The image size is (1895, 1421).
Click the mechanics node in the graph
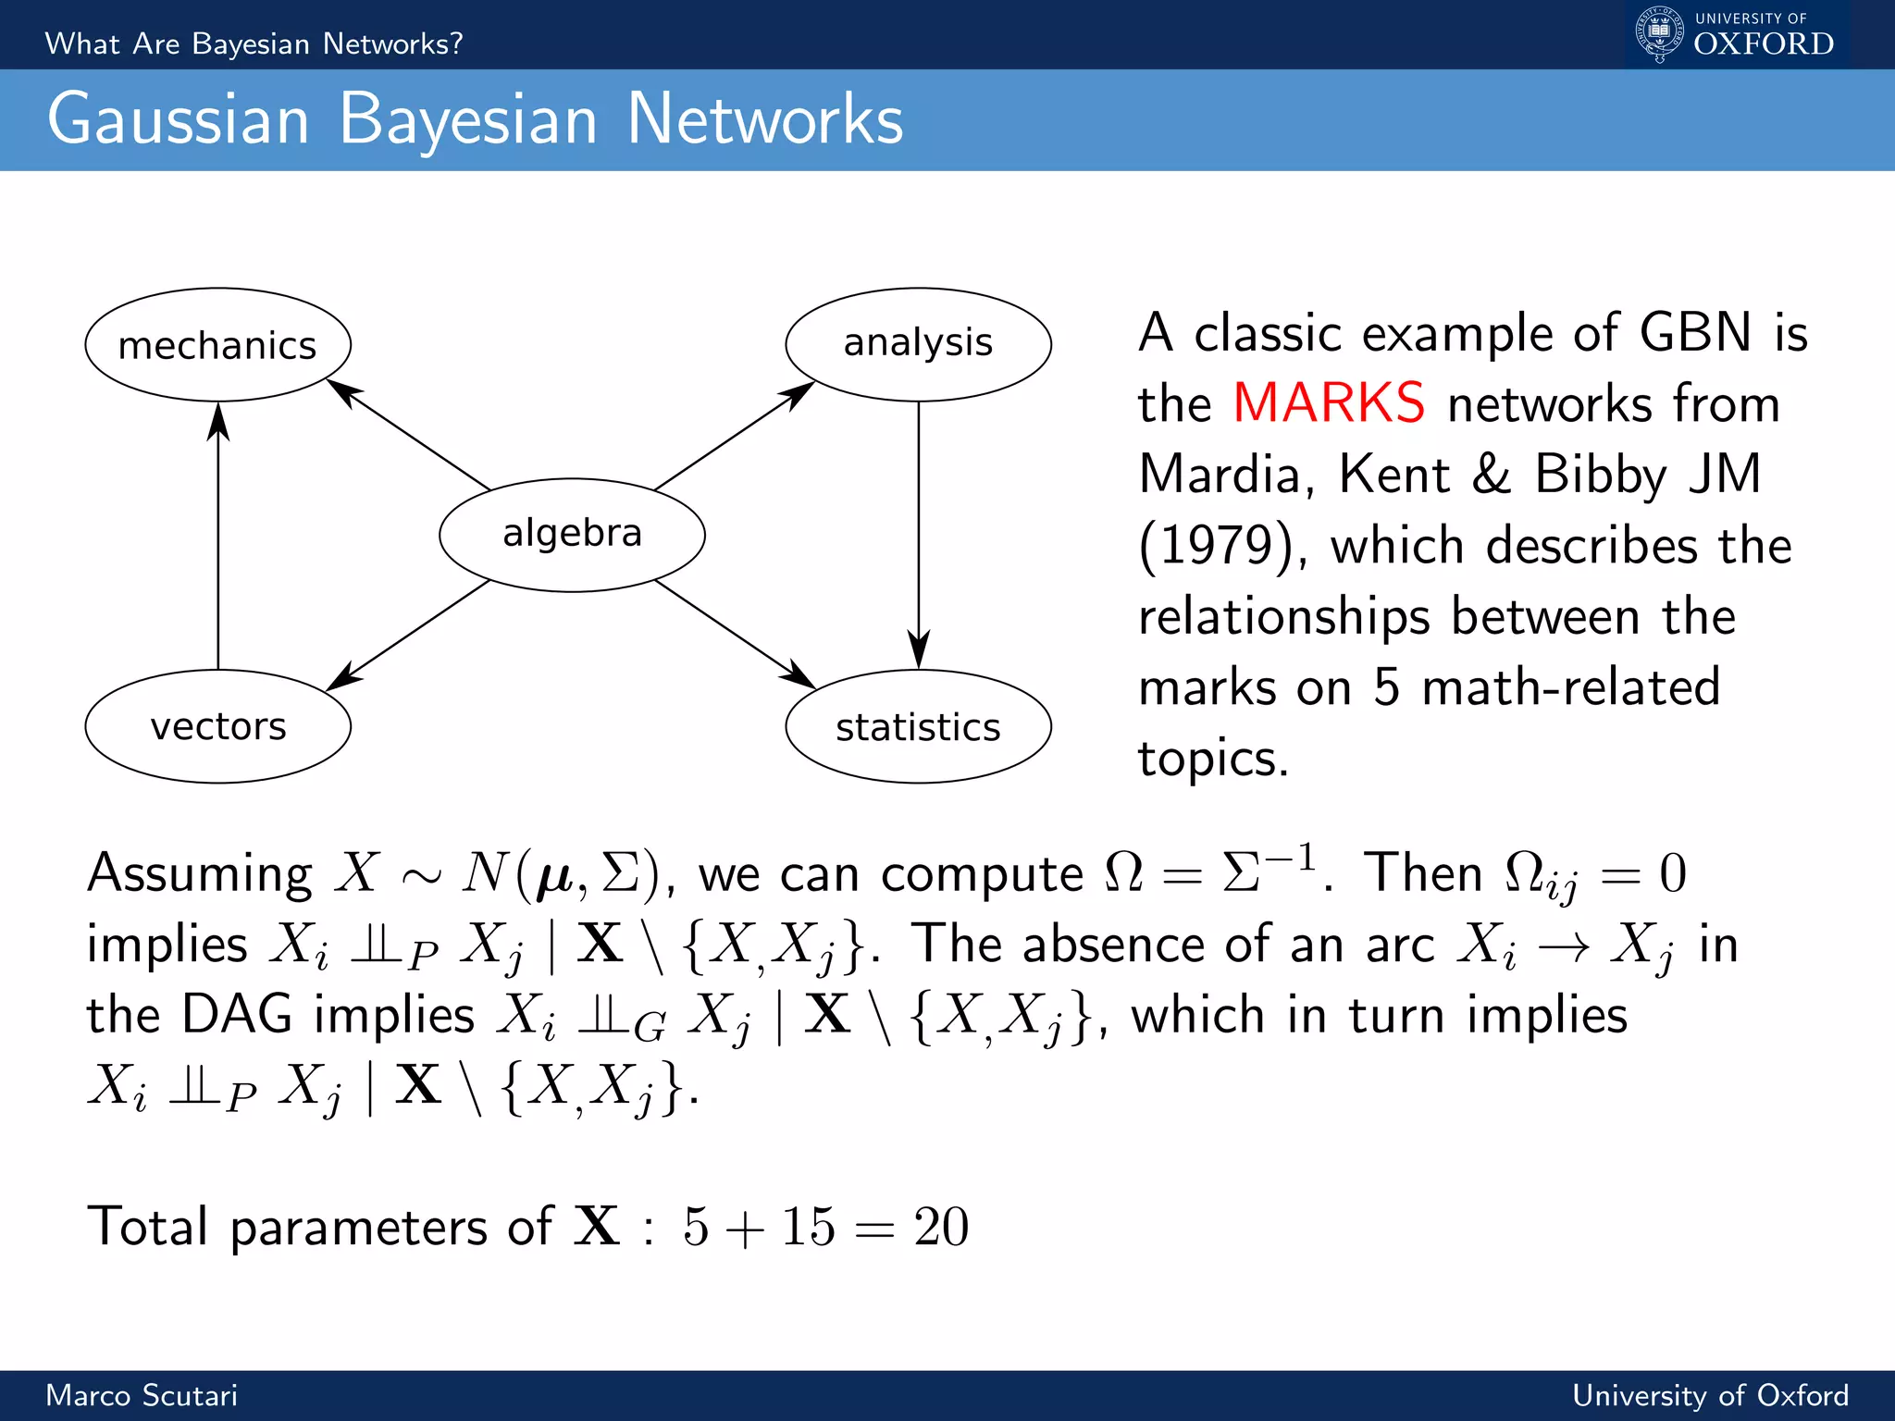coord(217,345)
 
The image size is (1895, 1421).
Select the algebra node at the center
coord(572,535)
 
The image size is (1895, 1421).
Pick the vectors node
coord(217,726)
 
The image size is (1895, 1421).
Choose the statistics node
coord(918,727)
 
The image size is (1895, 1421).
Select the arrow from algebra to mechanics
coord(412,436)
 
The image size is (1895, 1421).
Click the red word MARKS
coord(1329,403)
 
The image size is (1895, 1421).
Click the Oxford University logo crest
coord(1659,33)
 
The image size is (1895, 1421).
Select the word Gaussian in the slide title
coord(179,120)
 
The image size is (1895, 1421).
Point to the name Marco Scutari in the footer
coord(142,1395)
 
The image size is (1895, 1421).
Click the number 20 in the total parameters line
coord(941,1227)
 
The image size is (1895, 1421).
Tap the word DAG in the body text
coord(237,1015)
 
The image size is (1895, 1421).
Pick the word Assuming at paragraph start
coord(200,874)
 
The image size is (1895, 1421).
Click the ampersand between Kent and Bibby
coord(1491,475)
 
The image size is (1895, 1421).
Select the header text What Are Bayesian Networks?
coord(254,43)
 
